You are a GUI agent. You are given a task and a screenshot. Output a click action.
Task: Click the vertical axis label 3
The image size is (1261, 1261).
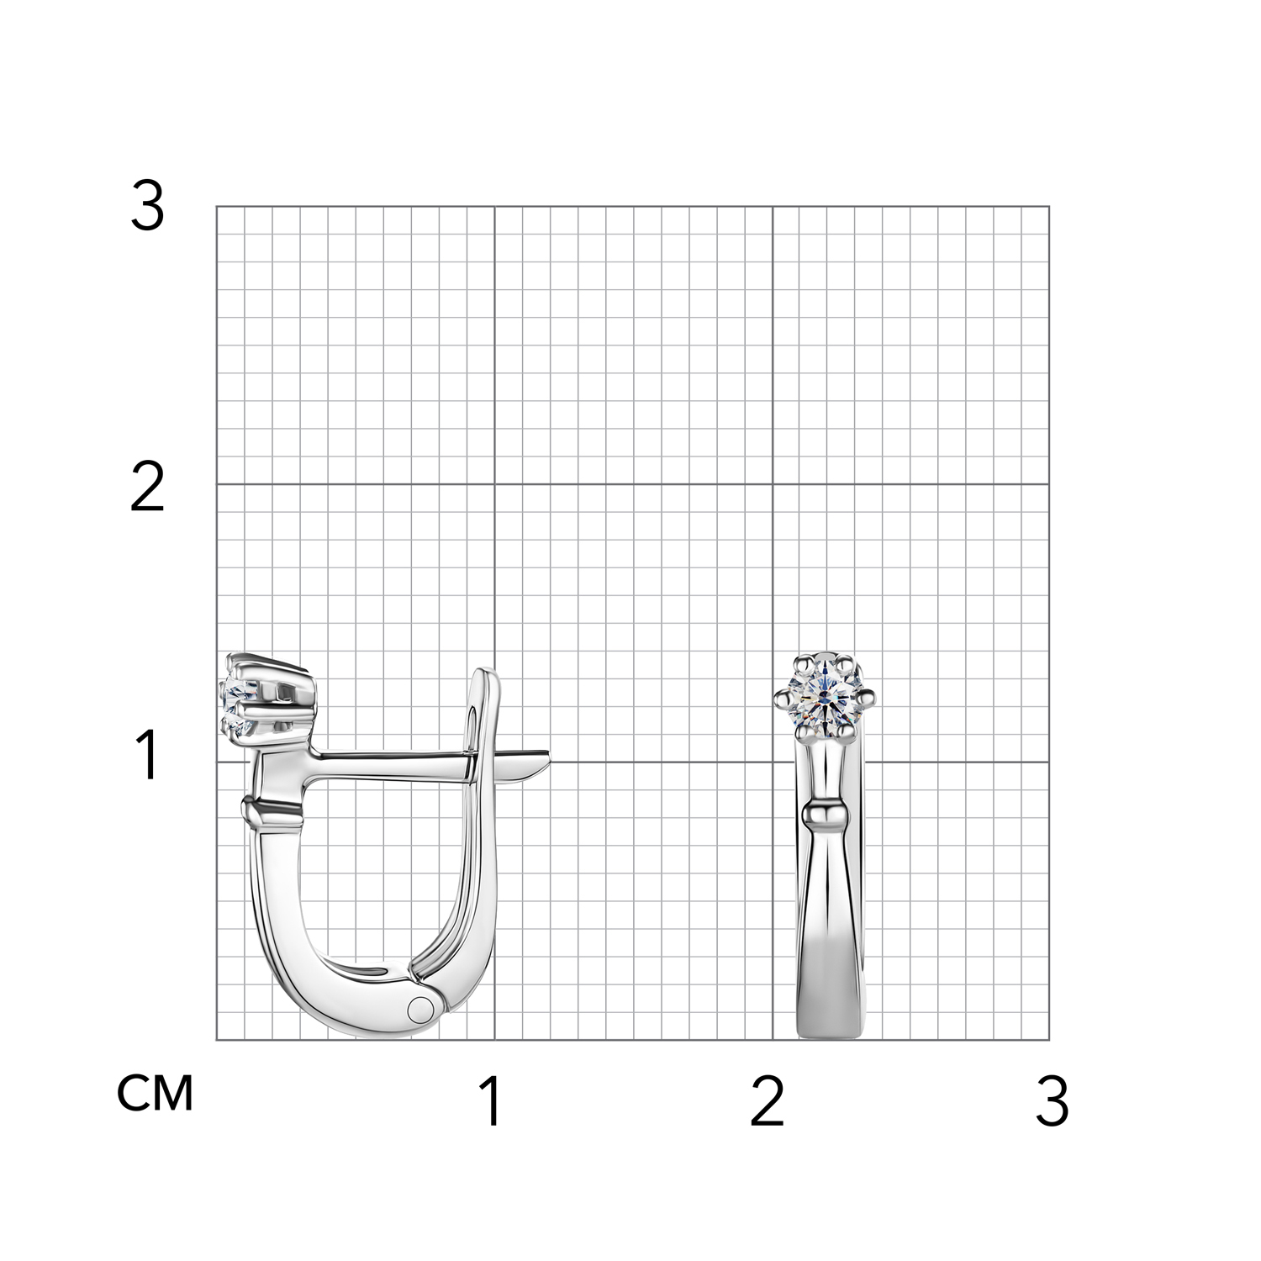click(147, 208)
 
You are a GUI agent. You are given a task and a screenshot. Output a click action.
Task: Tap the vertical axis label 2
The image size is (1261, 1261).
click(147, 489)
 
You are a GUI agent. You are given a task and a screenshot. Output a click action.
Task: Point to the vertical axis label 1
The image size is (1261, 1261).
click(148, 755)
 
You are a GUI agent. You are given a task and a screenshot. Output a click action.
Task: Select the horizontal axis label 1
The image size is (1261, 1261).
click(491, 1102)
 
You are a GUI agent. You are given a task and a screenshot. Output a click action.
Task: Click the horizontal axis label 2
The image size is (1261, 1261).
click(767, 1102)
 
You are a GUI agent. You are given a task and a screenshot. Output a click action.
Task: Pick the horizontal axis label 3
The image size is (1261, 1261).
click(1052, 1102)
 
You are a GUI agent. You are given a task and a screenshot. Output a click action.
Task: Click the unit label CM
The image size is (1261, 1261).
click(156, 1093)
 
